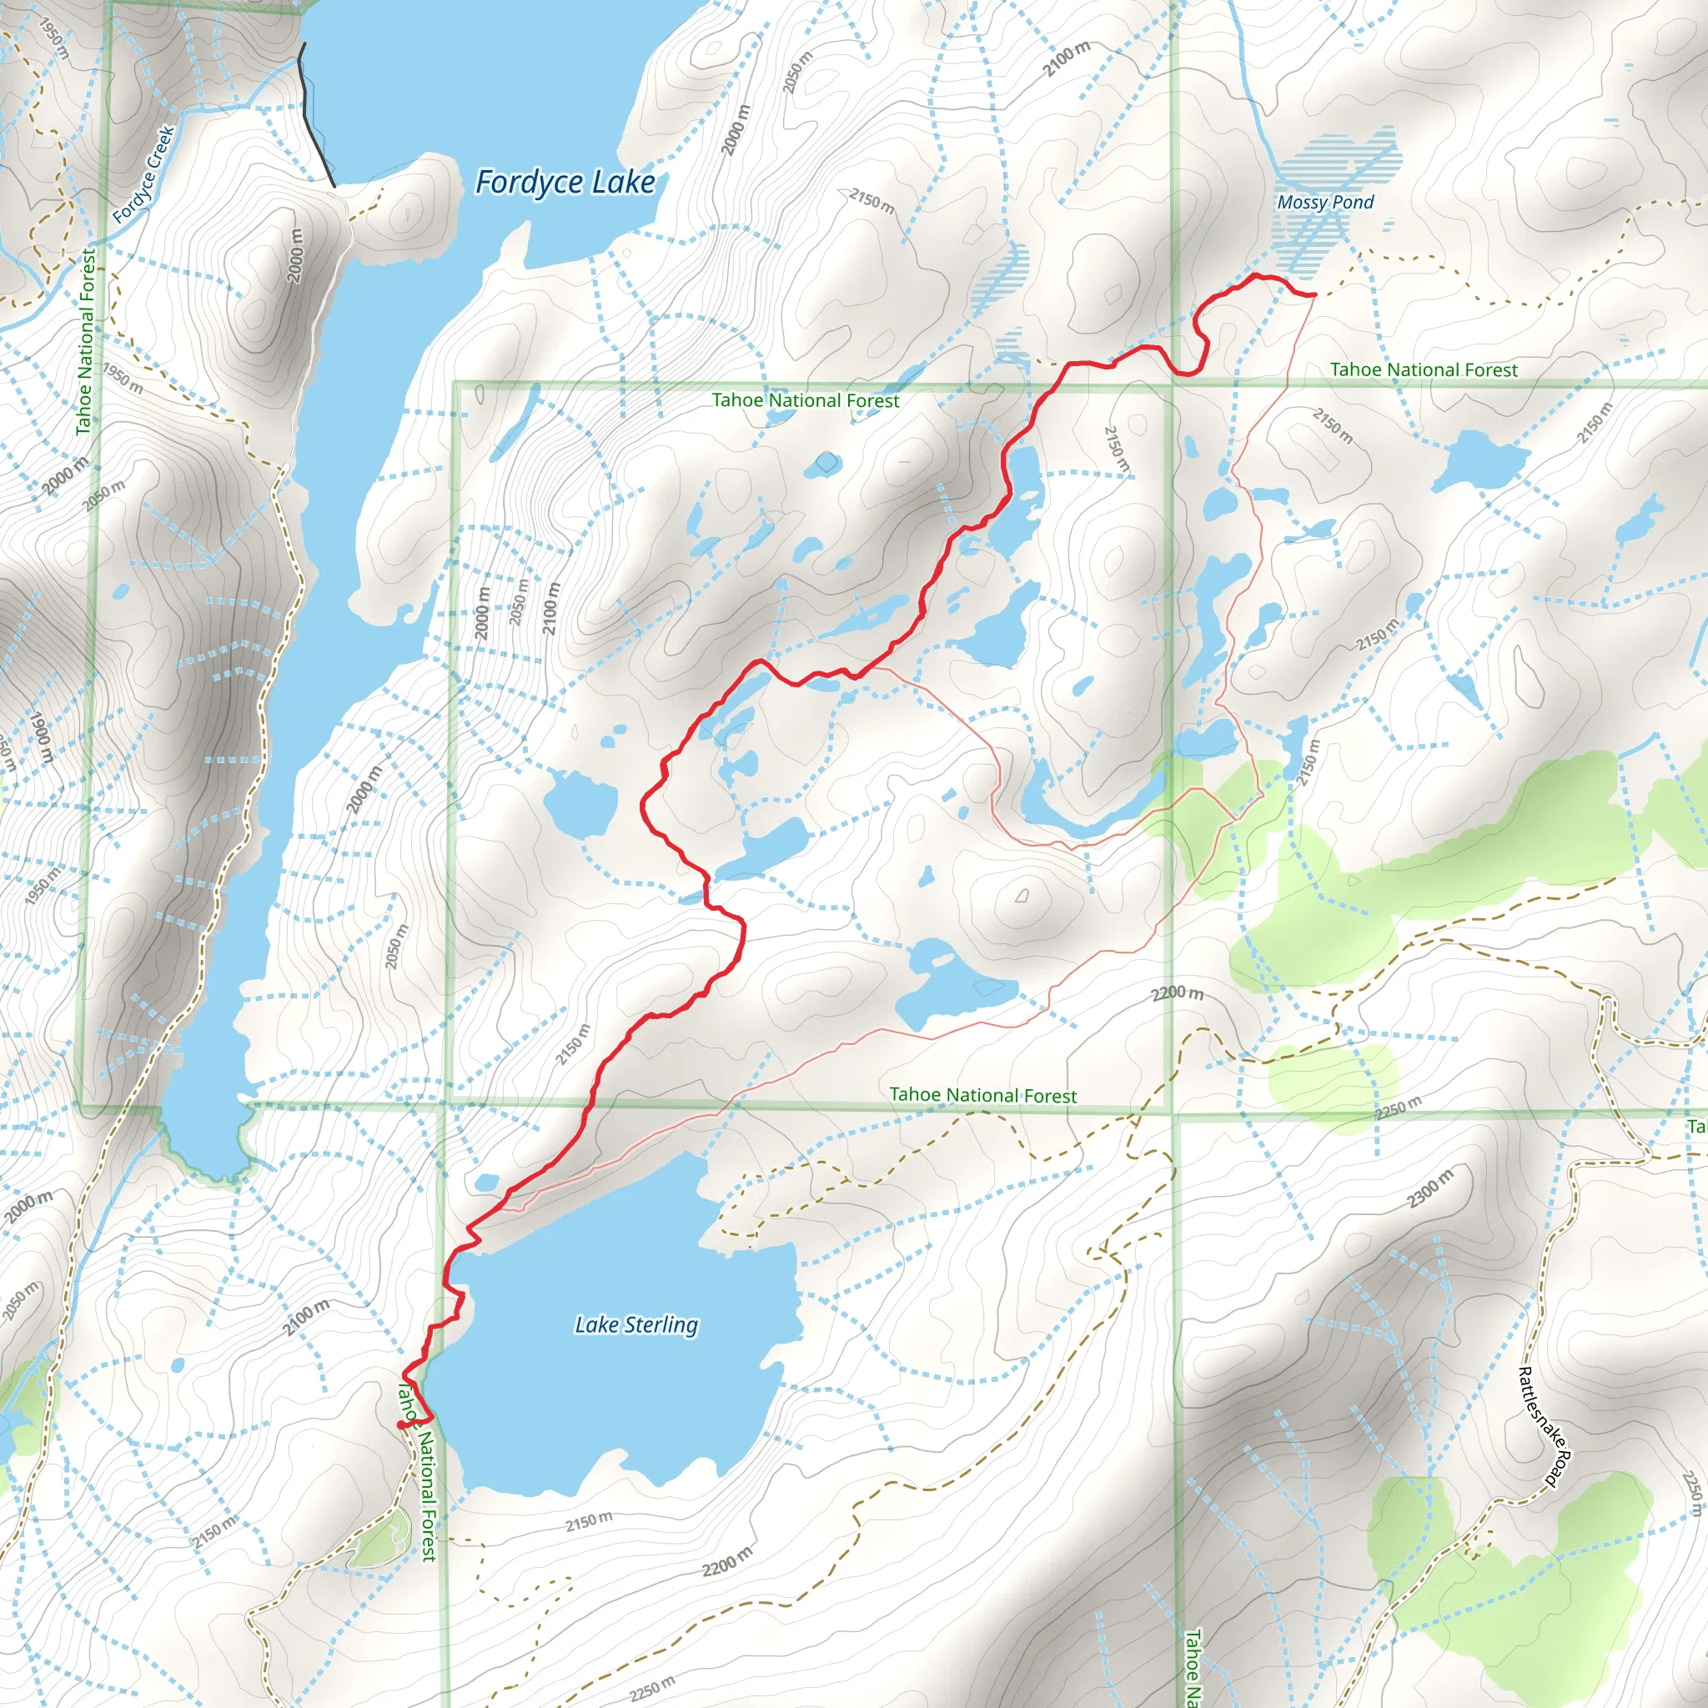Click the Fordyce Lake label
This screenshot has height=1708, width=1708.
pyautogui.click(x=565, y=182)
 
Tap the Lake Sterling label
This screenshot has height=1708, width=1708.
pyautogui.click(x=635, y=1324)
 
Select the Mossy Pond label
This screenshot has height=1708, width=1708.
pyautogui.click(x=1324, y=203)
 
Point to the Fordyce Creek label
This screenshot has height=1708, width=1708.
pyautogui.click(x=143, y=174)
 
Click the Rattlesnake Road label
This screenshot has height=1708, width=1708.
pyautogui.click(x=1542, y=1426)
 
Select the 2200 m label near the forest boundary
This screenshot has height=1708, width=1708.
pyautogui.click(x=1177, y=993)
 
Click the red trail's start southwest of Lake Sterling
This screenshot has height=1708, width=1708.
pyautogui.click(x=401, y=1425)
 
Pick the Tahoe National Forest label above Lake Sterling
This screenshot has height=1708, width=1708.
pyautogui.click(x=982, y=1095)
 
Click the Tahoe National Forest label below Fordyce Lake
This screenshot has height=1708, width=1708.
pyautogui.click(x=805, y=400)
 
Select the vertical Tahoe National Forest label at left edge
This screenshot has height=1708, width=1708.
pyautogui.click(x=86, y=341)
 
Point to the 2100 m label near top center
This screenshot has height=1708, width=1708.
pyautogui.click(x=1066, y=58)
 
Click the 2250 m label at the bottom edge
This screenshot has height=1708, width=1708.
pyautogui.click(x=652, y=1688)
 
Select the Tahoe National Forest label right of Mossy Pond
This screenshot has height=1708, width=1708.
pyautogui.click(x=1423, y=369)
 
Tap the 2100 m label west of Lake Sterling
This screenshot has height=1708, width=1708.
pyautogui.click(x=306, y=1317)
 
